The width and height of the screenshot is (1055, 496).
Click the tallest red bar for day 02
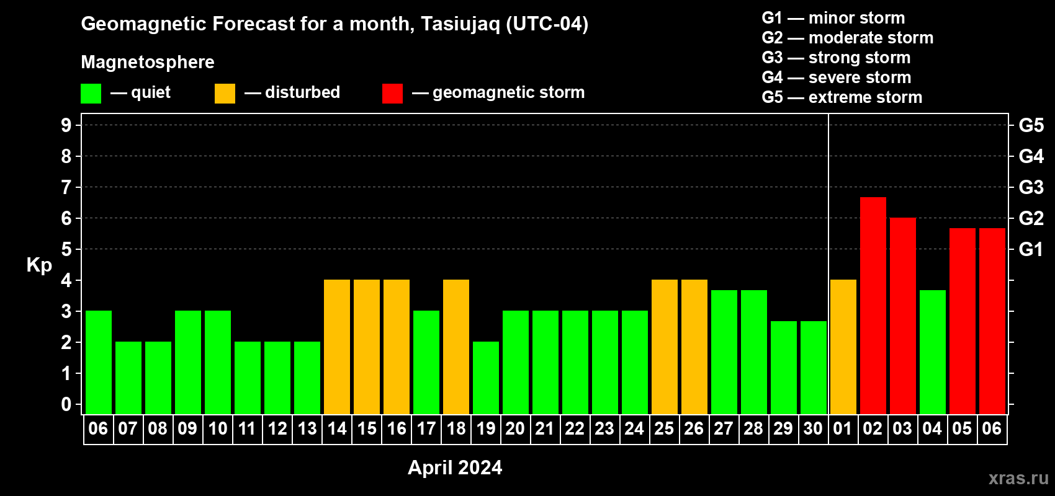(x=873, y=306)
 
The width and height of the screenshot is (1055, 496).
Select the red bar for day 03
(x=903, y=316)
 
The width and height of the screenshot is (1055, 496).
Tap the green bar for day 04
(x=933, y=352)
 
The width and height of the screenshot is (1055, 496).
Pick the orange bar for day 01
(x=843, y=347)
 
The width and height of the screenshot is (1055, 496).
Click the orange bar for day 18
(x=456, y=347)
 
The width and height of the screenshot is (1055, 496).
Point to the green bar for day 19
(x=485, y=378)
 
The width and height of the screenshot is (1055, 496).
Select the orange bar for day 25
(x=665, y=347)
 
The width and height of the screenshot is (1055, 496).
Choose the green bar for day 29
(x=784, y=368)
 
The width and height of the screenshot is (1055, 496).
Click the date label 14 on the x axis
(x=337, y=428)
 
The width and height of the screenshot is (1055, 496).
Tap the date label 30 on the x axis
(x=813, y=428)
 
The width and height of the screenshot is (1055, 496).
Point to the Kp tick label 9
(x=66, y=125)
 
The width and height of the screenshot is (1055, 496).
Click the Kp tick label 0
(x=66, y=404)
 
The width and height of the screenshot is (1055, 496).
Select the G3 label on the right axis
(x=1031, y=187)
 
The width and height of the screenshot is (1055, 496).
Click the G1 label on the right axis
(x=1031, y=249)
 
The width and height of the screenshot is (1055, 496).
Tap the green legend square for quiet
(x=91, y=93)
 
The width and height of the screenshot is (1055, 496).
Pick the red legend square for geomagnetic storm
(x=392, y=93)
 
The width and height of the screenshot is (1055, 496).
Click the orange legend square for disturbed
(x=225, y=93)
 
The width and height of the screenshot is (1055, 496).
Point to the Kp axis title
(x=39, y=265)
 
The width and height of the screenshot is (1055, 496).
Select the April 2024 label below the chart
(x=455, y=467)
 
